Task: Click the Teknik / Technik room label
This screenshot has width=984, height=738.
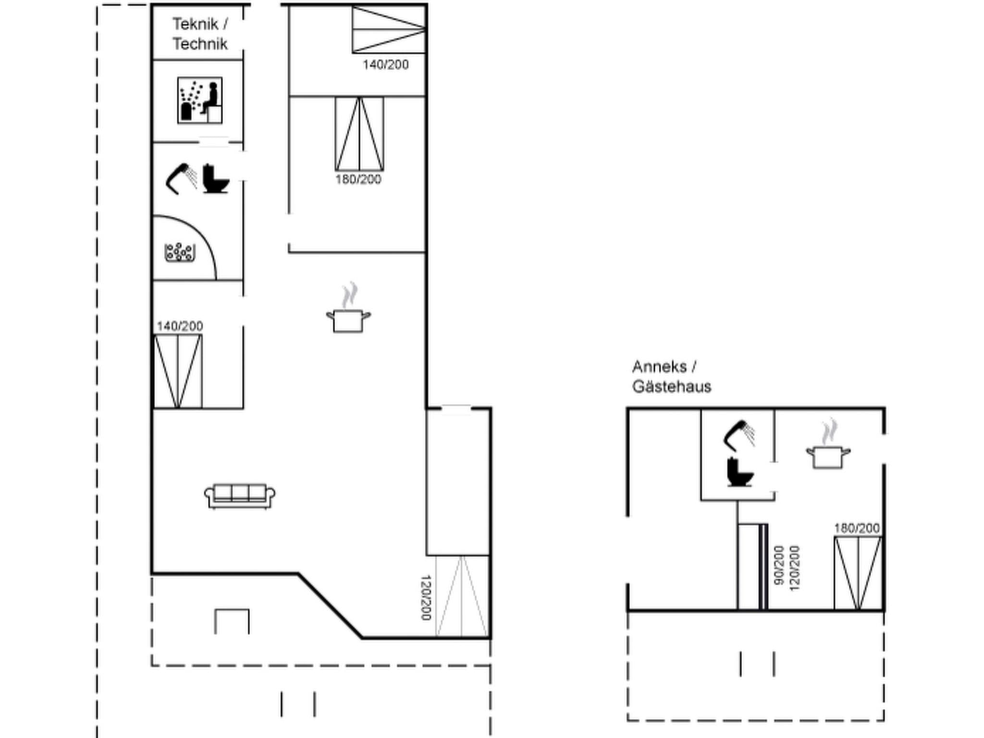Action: [200, 34]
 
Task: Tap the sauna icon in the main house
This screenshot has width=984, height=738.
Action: [200, 100]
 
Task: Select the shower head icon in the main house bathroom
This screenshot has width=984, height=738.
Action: [181, 178]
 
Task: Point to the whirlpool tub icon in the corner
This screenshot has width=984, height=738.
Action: [180, 253]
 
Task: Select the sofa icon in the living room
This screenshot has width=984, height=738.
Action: [240, 495]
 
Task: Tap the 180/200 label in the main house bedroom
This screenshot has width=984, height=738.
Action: [358, 180]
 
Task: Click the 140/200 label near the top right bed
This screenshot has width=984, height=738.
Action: [385, 65]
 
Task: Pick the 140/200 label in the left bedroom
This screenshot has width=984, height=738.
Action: [180, 326]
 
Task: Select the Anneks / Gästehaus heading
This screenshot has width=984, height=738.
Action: [671, 376]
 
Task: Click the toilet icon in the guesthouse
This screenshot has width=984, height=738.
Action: [739, 473]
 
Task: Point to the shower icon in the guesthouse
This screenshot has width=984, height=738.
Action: [739, 435]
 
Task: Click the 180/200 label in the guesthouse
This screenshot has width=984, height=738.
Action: [857, 529]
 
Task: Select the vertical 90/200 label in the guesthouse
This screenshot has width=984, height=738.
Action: [779, 565]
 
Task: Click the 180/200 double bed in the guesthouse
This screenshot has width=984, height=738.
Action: [858, 573]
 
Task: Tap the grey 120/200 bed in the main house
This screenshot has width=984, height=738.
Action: [462, 596]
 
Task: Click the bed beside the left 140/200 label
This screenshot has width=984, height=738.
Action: [178, 371]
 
